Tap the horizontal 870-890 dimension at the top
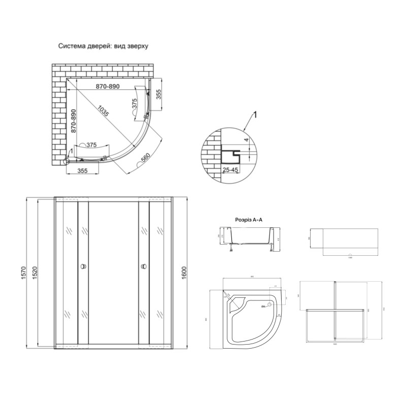(108, 87)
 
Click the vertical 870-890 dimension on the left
(74, 121)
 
